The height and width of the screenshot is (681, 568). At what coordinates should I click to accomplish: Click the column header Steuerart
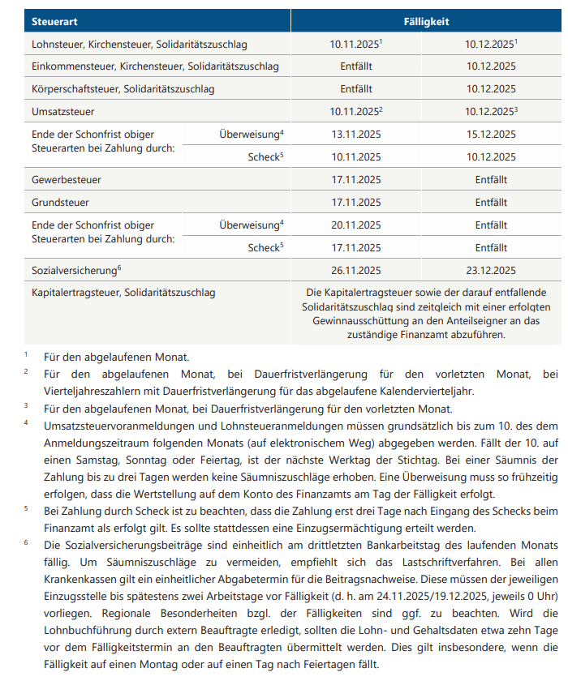(x=54, y=21)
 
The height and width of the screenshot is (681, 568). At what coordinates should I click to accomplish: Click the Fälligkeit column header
(x=426, y=21)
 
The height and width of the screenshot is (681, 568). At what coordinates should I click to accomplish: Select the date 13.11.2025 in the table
(x=355, y=134)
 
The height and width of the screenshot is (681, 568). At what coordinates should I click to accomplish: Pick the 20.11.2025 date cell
(x=355, y=225)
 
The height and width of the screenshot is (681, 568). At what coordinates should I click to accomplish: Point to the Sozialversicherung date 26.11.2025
(x=355, y=271)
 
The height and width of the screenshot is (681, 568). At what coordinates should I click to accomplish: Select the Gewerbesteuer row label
(x=67, y=179)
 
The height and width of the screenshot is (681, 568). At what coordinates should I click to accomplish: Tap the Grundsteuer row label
(x=60, y=202)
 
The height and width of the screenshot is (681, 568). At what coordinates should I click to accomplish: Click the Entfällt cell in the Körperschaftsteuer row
(x=355, y=88)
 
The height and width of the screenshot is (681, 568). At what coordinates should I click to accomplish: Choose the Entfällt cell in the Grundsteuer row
(x=491, y=202)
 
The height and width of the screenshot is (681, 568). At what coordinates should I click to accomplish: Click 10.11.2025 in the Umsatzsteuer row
(x=354, y=111)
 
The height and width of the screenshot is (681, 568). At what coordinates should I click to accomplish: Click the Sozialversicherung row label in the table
(x=75, y=271)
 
